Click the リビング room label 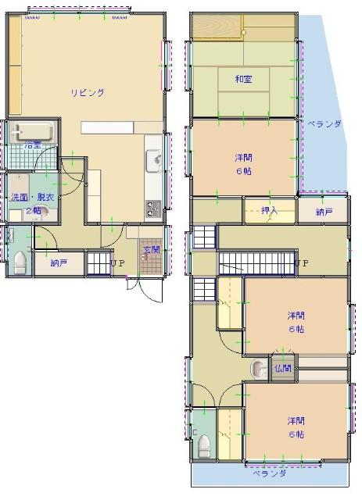pyautogui.click(x=88, y=92)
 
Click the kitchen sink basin pyautogui.click(x=152, y=162)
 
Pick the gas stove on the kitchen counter pyautogui.click(x=152, y=209)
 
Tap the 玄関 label pyautogui.click(x=149, y=250)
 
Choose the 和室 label pyautogui.click(x=242, y=80)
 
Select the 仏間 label pyautogui.click(x=283, y=368)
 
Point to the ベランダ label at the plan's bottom pyautogui.click(x=268, y=473)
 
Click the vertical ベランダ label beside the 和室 pyautogui.click(x=323, y=124)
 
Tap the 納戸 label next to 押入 pyautogui.click(x=324, y=212)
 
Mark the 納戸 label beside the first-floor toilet pyautogui.click(x=59, y=263)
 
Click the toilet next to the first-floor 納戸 pyautogui.click(x=20, y=262)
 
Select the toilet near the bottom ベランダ pyautogui.click(x=204, y=444)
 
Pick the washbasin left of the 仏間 pyautogui.click(x=258, y=368)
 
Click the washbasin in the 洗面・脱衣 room pyautogui.click(x=38, y=210)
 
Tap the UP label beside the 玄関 pyautogui.click(x=117, y=263)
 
